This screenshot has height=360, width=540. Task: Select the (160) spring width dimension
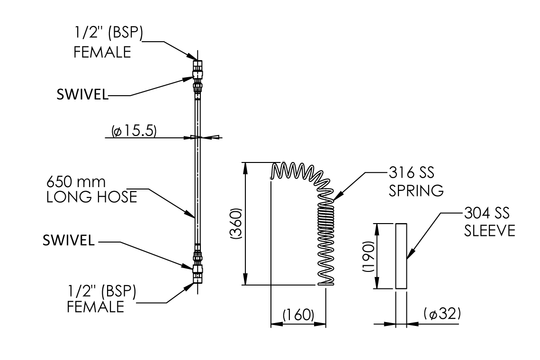pos(298,315)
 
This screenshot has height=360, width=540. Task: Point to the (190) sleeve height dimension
pos(369,255)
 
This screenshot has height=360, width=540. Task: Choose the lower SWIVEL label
pos(69,241)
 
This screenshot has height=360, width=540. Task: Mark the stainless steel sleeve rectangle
pos(401,255)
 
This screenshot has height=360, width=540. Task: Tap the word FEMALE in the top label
pos(102,52)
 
